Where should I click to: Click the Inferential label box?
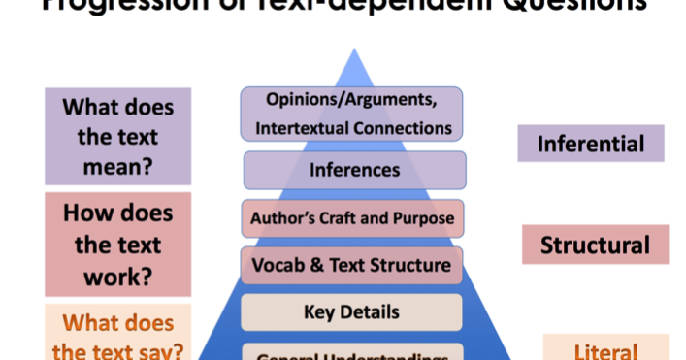590,144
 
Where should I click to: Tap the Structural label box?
595,245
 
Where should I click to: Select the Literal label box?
605,349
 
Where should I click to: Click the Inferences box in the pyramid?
354,170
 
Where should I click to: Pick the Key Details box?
351,311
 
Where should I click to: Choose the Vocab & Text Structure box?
351,265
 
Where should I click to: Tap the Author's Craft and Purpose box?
352,218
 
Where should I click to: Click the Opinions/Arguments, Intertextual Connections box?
351,114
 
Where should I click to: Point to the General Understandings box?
351,353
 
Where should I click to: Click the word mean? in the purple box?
117,166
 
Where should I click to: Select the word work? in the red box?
117,277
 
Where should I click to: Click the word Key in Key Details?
320,311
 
